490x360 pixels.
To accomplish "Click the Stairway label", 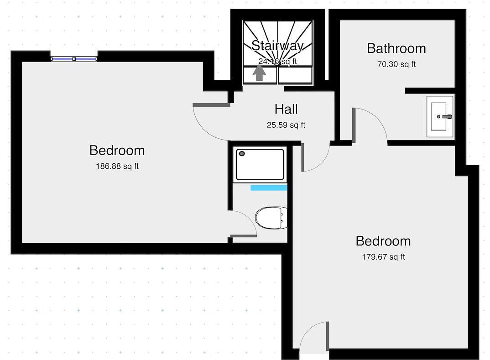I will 277,46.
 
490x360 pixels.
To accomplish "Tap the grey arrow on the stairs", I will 259,73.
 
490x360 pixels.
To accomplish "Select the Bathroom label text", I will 396,48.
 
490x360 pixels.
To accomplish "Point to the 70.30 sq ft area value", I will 396,64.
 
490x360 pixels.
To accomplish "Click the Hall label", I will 286,109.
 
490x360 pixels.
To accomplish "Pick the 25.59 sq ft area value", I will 286,125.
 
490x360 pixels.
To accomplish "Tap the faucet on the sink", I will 447,117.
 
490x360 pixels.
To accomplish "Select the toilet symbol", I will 271,218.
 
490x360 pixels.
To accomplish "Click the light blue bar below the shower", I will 269,188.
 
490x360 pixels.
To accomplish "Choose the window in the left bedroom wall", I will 74,59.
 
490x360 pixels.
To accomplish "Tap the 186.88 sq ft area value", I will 117,166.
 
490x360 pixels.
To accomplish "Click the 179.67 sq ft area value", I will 383,257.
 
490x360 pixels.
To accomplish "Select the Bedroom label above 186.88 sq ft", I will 117,150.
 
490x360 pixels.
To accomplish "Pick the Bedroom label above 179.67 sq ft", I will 383,241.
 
